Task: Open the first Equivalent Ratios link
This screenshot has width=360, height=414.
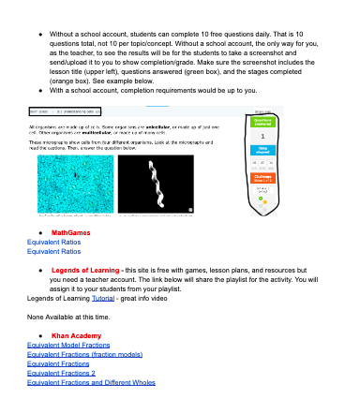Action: [x=53, y=242]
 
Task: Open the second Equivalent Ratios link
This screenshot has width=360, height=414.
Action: [x=53, y=251]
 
